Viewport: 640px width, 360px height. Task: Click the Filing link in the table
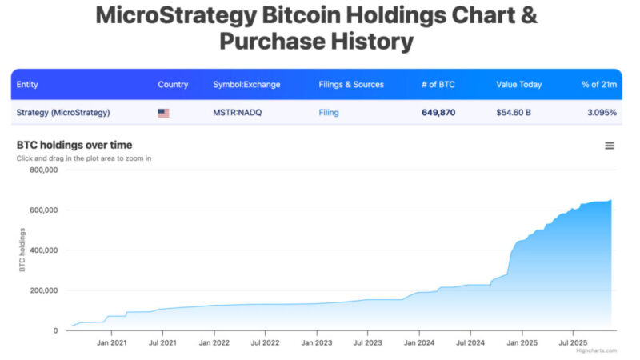[329, 113]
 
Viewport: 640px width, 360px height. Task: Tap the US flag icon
[163, 113]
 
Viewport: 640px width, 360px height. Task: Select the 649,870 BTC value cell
[438, 113]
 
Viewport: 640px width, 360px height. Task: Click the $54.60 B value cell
[514, 113]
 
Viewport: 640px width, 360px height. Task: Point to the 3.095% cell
[601, 113]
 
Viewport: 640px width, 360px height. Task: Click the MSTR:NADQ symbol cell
[237, 113]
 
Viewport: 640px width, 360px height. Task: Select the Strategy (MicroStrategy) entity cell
[63, 113]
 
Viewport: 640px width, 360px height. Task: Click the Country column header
[173, 85]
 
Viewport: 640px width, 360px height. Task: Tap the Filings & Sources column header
[351, 85]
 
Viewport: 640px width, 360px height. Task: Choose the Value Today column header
[518, 85]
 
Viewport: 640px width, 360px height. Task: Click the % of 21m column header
[599, 85]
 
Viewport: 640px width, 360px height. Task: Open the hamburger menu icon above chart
[610, 146]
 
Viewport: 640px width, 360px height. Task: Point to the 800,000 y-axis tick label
[42, 170]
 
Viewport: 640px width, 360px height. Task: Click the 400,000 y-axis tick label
[42, 250]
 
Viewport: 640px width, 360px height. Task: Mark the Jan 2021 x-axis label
[111, 342]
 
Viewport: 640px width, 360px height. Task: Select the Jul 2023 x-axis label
[367, 342]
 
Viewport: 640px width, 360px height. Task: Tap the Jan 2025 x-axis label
[522, 342]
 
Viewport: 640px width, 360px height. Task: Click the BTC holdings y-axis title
[22, 250]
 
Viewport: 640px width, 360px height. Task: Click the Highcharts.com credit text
[596, 350]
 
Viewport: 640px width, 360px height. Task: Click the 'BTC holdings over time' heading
[74, 145]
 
